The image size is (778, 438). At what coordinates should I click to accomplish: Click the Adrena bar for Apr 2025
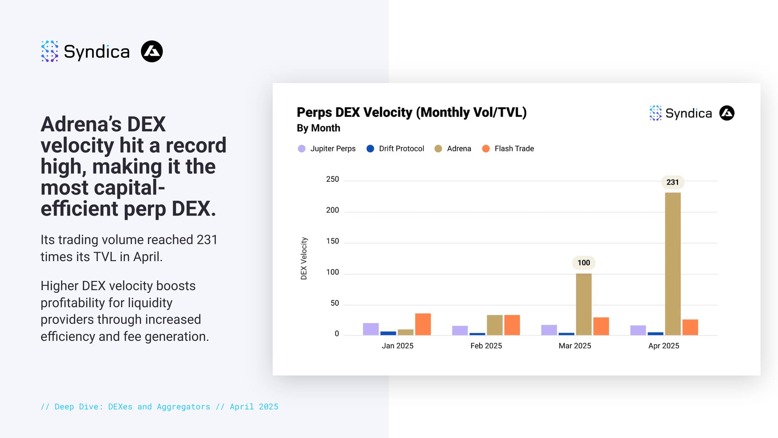[673, 264]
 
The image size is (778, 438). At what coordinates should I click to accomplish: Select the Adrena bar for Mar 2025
[583, 304]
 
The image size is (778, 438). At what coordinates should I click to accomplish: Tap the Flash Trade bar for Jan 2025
[423, 324]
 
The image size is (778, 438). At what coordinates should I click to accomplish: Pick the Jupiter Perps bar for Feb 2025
[460, 331]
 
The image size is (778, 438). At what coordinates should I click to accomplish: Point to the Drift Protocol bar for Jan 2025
[388, 333]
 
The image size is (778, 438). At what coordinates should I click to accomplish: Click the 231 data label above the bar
[673, 182]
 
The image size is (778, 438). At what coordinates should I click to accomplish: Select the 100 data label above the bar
[583, 263]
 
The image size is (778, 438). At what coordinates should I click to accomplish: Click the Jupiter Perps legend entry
[327, 149]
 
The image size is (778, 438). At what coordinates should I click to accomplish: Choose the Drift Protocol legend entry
[395, 149]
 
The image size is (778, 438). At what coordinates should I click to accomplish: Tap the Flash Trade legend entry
[508, 149]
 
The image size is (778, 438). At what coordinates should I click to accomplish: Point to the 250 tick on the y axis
[332, 179]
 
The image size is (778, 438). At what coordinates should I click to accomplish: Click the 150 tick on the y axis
[332, 241]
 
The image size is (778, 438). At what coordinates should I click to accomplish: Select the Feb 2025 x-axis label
[486, 346]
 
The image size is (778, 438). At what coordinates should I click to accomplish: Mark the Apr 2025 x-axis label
[664, 346]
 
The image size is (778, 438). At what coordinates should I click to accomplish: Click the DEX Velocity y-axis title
[304, 259]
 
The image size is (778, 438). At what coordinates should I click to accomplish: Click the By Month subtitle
[318, 128]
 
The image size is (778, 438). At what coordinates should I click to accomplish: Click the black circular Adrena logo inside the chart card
[727, 113]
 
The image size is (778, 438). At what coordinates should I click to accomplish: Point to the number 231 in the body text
[207, 240]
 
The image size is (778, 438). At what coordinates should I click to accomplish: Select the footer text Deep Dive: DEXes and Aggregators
[132, 407]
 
